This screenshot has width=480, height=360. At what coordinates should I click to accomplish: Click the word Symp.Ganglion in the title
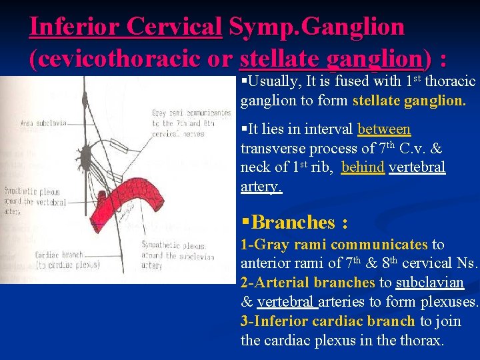click(316, 27)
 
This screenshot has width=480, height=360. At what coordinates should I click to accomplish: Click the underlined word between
click(384, 129)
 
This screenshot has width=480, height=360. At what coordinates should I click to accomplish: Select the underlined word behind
click(363, 167)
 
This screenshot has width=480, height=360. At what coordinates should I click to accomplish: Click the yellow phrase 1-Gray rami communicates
click(334, 245)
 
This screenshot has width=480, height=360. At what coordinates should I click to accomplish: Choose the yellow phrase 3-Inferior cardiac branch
click(328, 321)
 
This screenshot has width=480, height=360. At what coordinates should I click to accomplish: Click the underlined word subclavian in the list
click(429, 283)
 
